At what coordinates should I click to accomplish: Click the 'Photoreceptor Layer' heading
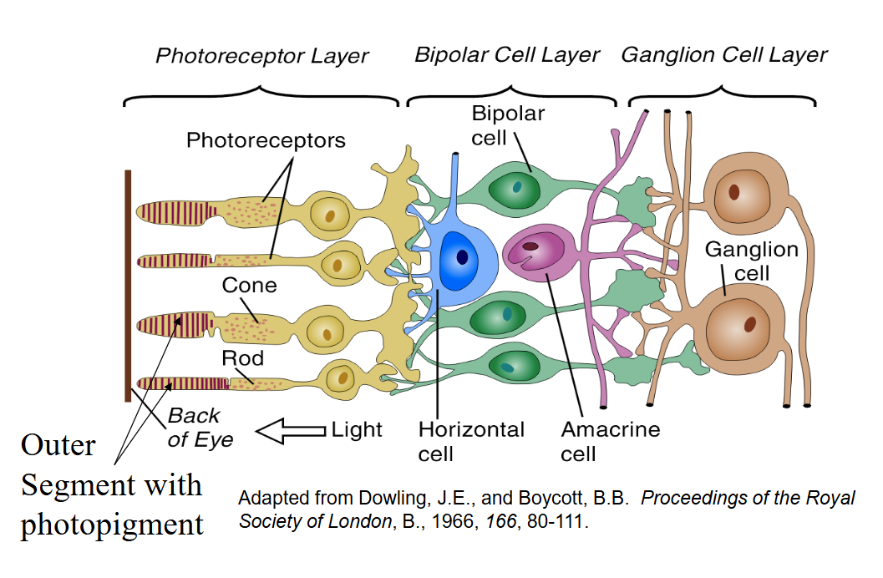(x=261, y=57)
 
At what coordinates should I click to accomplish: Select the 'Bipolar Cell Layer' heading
(x=507, y=55)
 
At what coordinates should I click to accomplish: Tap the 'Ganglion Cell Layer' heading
(x=723, y=55)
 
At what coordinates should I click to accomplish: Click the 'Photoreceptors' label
(x=266, y=139)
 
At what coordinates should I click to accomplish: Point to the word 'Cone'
(x=249, y=286)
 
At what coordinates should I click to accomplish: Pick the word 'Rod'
(x=242, y=358)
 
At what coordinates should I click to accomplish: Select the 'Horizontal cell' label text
(x=471, y=442)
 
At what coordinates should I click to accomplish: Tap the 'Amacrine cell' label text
(x=610, y=442)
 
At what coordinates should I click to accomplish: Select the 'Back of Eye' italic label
(x=200, y=428)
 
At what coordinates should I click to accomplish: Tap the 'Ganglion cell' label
(x=751, y=261)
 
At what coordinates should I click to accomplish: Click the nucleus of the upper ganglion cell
(x=733, y=192)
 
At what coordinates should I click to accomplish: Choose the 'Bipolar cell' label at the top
(x=508, y=124)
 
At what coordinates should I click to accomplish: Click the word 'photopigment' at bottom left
(x=112, y=525)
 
